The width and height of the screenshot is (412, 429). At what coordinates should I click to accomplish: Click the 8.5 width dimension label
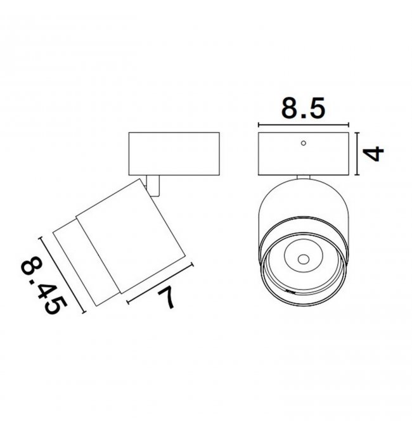point(304,108)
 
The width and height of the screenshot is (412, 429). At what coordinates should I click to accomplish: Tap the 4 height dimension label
point(373,153)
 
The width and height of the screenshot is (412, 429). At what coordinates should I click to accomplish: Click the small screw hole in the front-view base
point(304,143)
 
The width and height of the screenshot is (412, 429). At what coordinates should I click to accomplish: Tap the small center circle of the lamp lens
point(304,259)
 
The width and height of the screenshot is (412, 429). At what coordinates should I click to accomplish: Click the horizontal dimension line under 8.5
point(304,125)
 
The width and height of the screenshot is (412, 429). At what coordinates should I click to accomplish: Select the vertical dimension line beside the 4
point(357,153)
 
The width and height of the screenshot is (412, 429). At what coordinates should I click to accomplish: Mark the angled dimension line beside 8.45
point(63,274)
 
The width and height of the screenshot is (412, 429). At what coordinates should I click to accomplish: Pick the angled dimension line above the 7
point(160,283)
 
